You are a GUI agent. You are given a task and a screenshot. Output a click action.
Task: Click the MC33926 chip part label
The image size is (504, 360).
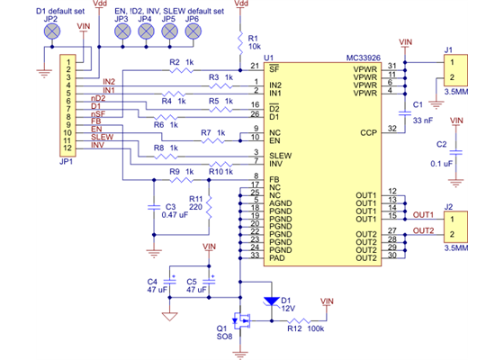coord(365,57)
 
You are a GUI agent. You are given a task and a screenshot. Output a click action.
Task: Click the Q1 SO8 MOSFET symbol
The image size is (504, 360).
coord(242,319)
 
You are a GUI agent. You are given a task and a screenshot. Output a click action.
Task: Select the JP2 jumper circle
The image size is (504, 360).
coord(51,31)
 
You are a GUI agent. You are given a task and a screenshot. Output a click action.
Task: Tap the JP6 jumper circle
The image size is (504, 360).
coord(191,31)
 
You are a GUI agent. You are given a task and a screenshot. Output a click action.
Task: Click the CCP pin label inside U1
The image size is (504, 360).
coord(367,131)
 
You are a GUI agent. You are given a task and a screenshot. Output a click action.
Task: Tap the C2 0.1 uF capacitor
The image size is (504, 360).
coord(456,153)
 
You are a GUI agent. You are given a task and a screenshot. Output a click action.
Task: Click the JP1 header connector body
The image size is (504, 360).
coord(67,103)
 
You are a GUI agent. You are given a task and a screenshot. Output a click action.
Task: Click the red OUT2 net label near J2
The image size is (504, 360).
coord(423,229)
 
